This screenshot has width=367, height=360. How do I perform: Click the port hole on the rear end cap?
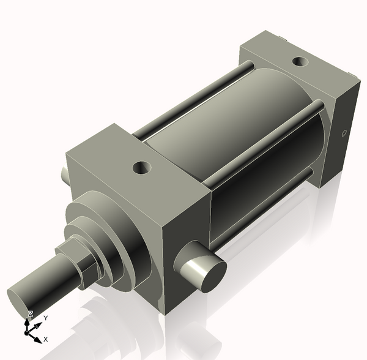tap(300, 61)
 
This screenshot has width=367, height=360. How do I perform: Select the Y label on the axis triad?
tap(46, 318)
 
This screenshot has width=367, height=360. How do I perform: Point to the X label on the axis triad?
tap(46, 339)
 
